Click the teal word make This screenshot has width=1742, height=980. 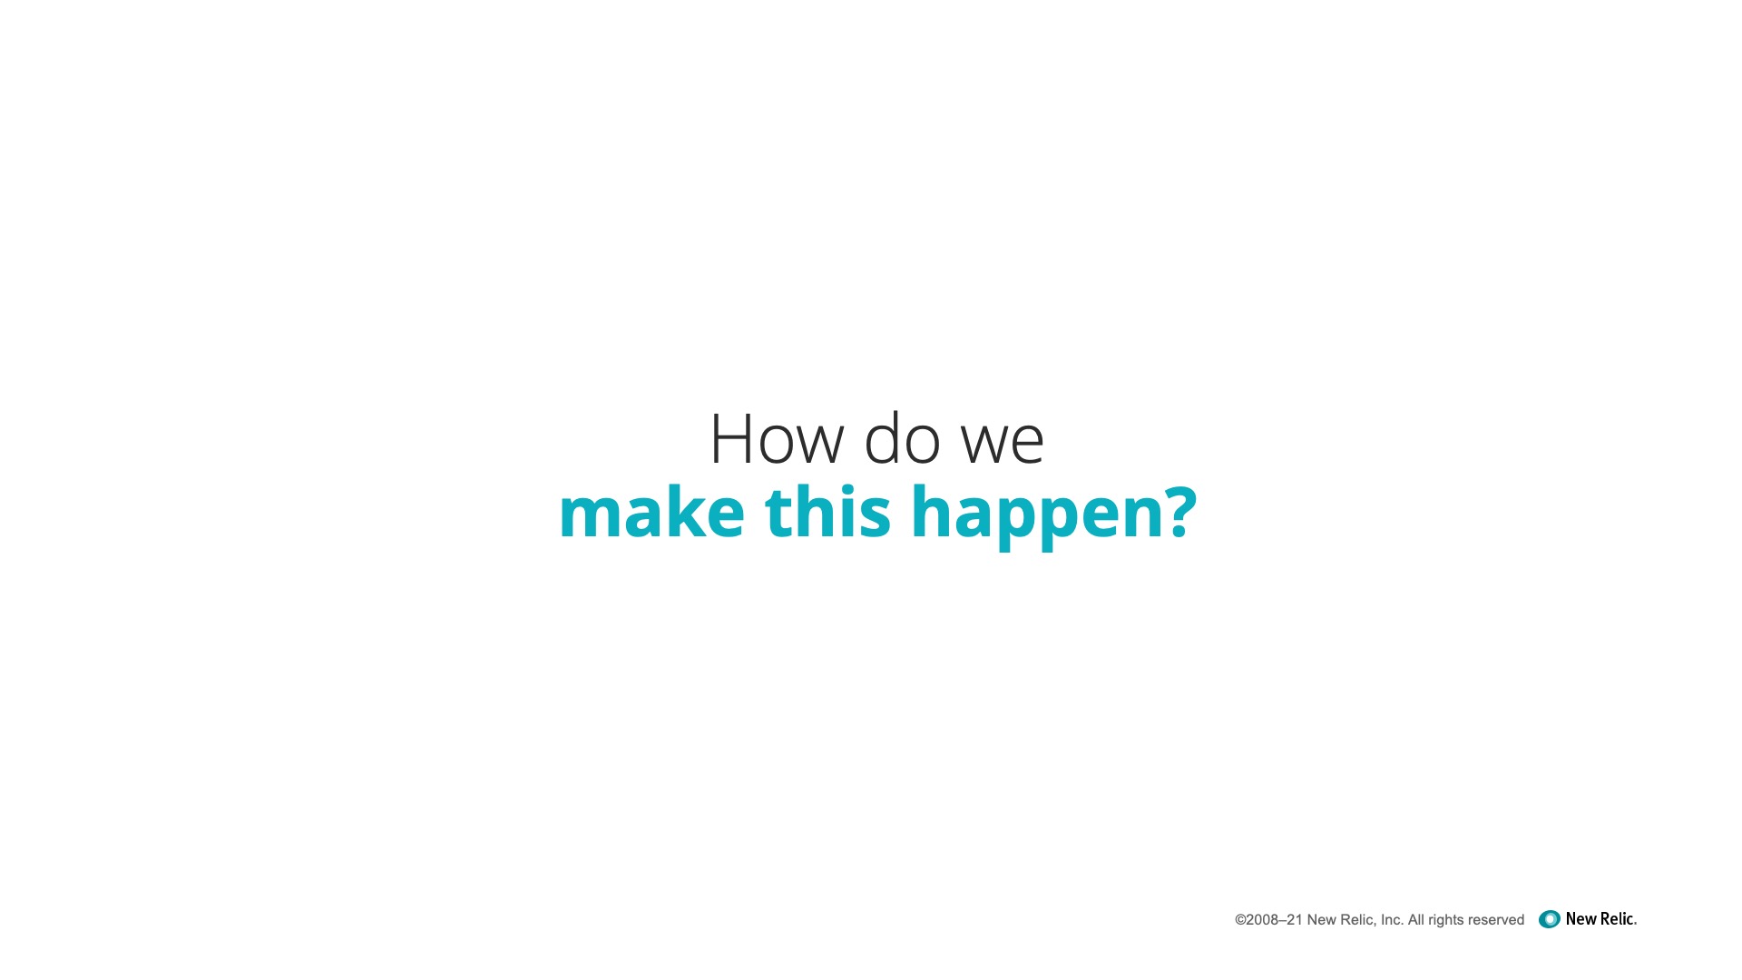pyautogui.click(x=651, y=512)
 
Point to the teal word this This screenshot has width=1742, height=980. pyautogui.click(x=827, y=512)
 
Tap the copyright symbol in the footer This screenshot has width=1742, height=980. pyautogui.click(x=1240, y=920)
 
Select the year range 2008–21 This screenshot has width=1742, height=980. pyautogui.click(x=1275, y=920)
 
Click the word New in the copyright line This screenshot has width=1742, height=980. pyautogui.click(x=1321, y=920)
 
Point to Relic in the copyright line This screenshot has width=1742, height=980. pyautogui.click(x=1358, y=920)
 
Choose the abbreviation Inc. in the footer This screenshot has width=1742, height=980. pyautogui.click(x=1392, y=920)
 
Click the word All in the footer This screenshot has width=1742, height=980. pyautogui.click(x=1415, y=920)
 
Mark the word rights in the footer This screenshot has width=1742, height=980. pyautogui.click(x=1445, y=921)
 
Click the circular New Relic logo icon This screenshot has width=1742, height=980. pyautogui.click(x=1550, y=919)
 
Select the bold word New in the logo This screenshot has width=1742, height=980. pyautogui.click(x=1581, y=919)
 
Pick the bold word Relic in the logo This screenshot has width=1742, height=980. pyautogui.click(x=1618, y=919)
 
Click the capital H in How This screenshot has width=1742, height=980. pyautogui.click(x=729, y=439)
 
